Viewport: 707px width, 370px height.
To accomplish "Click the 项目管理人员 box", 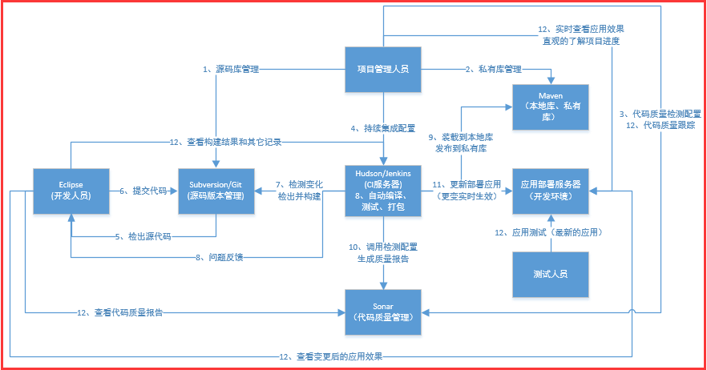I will coord(383,70).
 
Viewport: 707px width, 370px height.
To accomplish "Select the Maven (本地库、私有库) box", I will coord(551,107).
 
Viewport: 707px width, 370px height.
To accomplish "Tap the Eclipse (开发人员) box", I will coord(71,191).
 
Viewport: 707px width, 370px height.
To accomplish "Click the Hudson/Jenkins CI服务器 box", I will coord(383,191).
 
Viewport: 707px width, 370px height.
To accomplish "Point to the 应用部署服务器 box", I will coord(551,191).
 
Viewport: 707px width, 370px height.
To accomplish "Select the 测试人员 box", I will coord(551,274).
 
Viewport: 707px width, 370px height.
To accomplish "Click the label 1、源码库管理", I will coord(231,70).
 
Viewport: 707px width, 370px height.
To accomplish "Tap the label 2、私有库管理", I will coord(493,70).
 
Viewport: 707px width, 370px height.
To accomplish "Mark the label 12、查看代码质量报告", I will coord(120,312).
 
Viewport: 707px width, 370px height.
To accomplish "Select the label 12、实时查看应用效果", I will coord(580,30).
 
